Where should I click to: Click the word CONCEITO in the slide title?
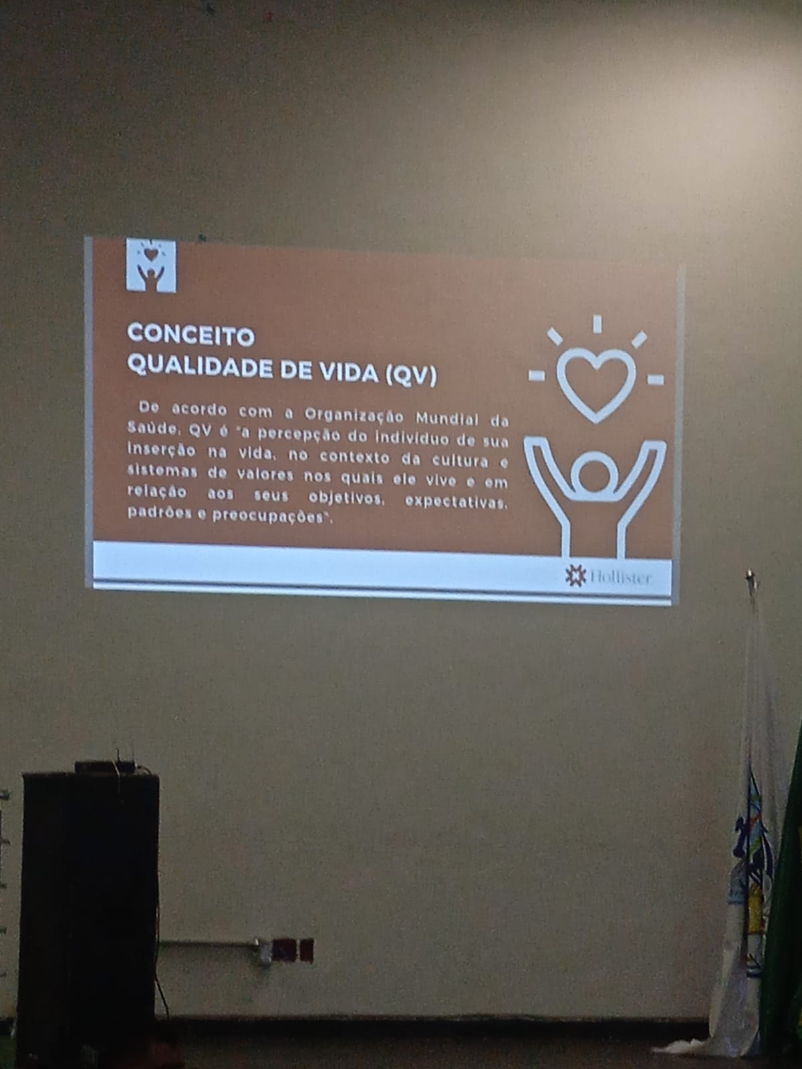(x=191, y=335)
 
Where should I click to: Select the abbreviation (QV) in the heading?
(x=411, y=375)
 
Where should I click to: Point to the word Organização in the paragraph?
(x=354, y=416)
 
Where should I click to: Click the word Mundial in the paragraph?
(x=446, y=418)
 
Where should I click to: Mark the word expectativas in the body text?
(x=456, y=501)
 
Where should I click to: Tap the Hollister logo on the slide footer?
(x=608, y=577)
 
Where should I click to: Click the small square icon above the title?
(x=151, y=265)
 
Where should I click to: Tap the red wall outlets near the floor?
(x=292, y=950)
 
